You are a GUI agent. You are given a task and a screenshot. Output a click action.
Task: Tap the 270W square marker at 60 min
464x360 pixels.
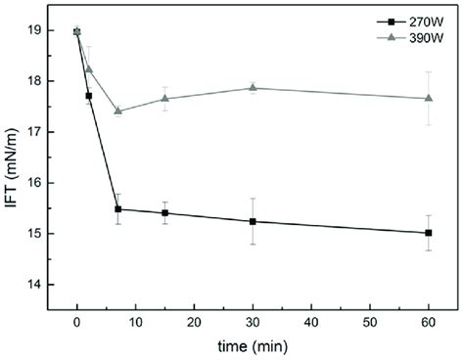pos(429,233)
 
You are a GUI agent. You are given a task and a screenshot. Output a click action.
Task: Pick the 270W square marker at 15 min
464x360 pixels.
pos(164,212)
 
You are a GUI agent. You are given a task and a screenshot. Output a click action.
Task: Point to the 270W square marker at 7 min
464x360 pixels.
pos(117,208)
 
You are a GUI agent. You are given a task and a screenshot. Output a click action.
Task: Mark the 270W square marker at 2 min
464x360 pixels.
pos(89,96)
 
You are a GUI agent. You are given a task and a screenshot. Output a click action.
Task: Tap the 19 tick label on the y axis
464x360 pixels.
pos(37,30)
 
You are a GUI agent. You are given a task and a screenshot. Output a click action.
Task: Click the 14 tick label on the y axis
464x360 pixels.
pos(37,285)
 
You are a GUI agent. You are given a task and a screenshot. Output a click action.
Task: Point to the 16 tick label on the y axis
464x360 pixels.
pos(37,183)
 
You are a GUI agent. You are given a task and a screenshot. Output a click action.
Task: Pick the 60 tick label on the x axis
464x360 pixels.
pos(429,322)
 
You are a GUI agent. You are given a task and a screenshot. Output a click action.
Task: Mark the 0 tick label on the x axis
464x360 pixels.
pos(77,322)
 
